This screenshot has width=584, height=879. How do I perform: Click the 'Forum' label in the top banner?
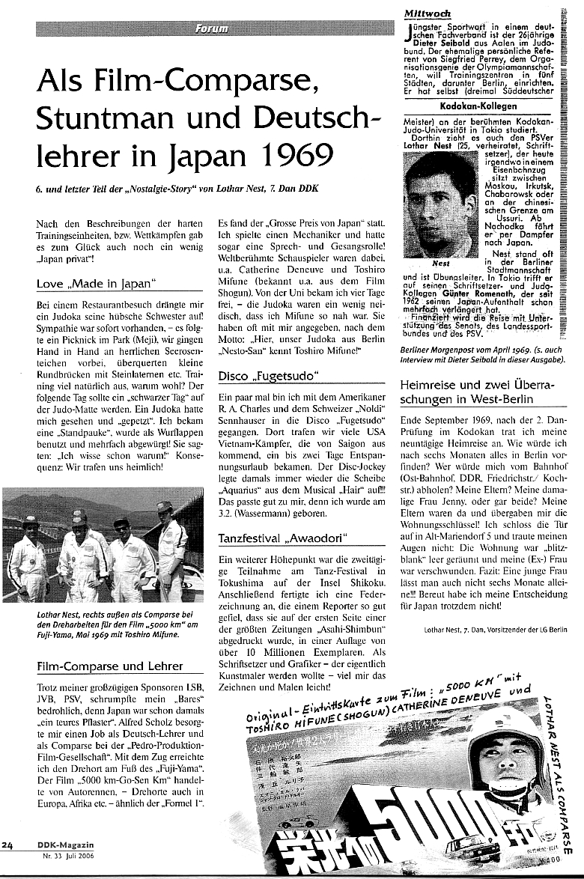click(212, 29)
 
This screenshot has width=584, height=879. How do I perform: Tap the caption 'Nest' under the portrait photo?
click(441, 264)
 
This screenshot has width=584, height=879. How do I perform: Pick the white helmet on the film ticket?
click(507, 729)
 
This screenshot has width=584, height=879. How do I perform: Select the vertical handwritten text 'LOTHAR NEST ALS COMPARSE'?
click(565, 771)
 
